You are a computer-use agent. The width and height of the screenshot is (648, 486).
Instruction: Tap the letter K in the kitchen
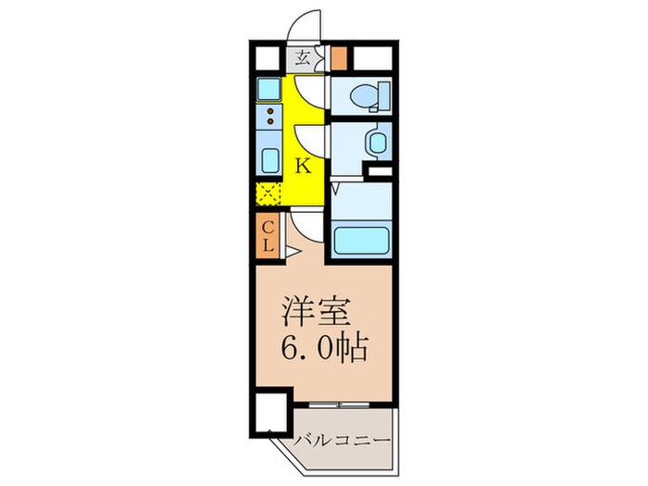point(302,167)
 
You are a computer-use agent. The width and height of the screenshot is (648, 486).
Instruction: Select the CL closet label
point(266,236)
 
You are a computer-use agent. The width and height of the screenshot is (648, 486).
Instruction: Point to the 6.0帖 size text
point(324,349)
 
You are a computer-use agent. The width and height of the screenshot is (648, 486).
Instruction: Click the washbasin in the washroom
point(377,144)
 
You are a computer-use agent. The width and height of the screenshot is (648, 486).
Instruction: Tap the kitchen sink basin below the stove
point(270,159)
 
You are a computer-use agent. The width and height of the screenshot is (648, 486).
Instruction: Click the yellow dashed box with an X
point(269,195)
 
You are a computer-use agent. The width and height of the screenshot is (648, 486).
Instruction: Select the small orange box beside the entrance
point(339,59)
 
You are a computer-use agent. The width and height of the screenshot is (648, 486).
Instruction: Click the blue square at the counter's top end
point(269,89)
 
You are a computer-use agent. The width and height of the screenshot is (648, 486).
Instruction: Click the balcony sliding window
point(343,405)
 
